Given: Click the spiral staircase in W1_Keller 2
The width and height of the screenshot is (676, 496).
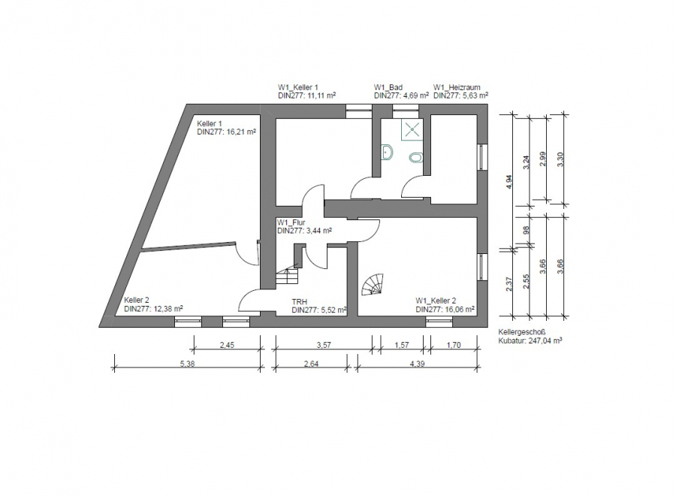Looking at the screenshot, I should pyautogui.click(x=372, y=286).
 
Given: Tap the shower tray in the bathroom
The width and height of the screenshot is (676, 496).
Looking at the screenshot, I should pyautogui.click(x=411, y=129).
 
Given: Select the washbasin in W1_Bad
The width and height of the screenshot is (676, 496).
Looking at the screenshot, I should pyautogui.click(x=388, y=152).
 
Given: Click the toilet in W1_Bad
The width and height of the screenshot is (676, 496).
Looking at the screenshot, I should pyautogui.click(x=416, y=157).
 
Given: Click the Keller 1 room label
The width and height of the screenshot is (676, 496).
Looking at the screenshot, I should pyautogui.click(x=210, y=123).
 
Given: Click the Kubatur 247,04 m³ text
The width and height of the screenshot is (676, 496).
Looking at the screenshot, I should pyautogui.click(x=530, y=340).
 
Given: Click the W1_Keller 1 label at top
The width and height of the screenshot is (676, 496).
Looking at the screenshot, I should pyautogui.click(x=298, y=87).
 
